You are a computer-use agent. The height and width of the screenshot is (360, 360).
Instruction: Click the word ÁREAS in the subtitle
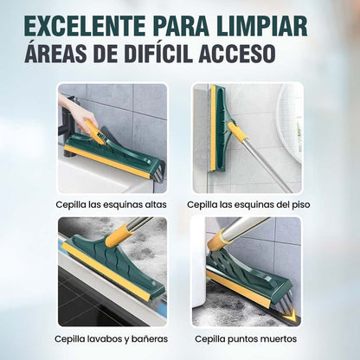point(71,53)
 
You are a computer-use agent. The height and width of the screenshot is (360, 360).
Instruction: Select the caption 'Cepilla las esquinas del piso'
point(247,205)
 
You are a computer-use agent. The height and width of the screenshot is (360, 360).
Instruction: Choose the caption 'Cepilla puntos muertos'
point(247,337)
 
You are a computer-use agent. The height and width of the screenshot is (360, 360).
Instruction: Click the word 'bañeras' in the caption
point(145,337)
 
